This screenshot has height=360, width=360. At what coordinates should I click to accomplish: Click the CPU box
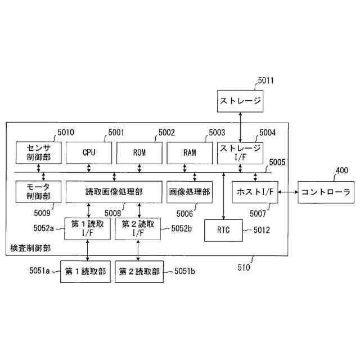(89, 152)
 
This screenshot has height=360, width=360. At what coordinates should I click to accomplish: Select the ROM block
(139, 152)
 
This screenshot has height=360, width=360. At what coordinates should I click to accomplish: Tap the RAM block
(189, 152)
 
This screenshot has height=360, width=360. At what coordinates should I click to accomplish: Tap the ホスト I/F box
(255, 192)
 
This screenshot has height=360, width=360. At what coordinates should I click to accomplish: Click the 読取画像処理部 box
(114, 192)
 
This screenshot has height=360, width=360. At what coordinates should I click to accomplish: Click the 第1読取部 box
(85, 271)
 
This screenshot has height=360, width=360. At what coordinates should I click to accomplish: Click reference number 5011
(266, 80)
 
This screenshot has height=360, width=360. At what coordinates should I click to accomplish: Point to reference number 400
(341, 171)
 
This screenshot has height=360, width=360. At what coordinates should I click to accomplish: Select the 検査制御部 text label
(30, 247)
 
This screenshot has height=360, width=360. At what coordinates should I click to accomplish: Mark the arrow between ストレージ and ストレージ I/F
(240, 127)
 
